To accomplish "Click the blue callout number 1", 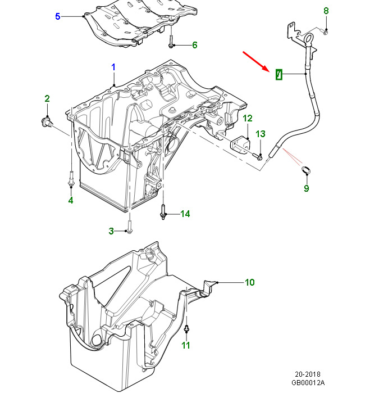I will point(113,67).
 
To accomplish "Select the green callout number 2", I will point(47,98).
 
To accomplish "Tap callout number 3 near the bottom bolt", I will point(111,231).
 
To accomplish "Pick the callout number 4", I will point(71,200).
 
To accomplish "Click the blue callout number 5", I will point(57,16).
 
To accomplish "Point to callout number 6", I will point(195,45).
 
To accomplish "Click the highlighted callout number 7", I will point(279,74).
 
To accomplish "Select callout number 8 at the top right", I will point(326,11).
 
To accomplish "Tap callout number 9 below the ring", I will point(307,188).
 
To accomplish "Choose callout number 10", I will point(249,282).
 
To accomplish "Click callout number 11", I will point(186,345).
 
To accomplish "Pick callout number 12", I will point(248,118).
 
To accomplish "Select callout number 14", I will point(185,214).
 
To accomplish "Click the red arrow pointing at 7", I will point(256,61).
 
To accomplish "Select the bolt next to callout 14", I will point(163,213).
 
